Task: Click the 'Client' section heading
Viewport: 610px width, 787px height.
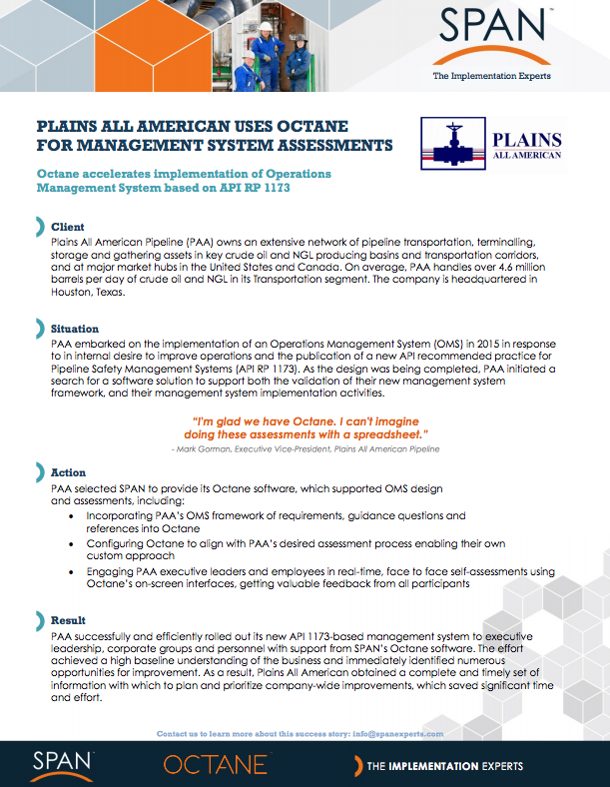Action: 68,227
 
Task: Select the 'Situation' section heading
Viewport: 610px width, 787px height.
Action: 75,328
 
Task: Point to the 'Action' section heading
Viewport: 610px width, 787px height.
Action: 68,472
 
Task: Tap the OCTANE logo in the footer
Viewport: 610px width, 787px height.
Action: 216,765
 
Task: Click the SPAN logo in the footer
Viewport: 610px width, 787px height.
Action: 62,764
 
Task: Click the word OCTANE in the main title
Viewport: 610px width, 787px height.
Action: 303,127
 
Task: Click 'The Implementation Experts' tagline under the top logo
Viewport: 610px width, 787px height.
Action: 491,76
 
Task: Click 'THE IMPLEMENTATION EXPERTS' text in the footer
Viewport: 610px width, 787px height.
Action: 444,766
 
